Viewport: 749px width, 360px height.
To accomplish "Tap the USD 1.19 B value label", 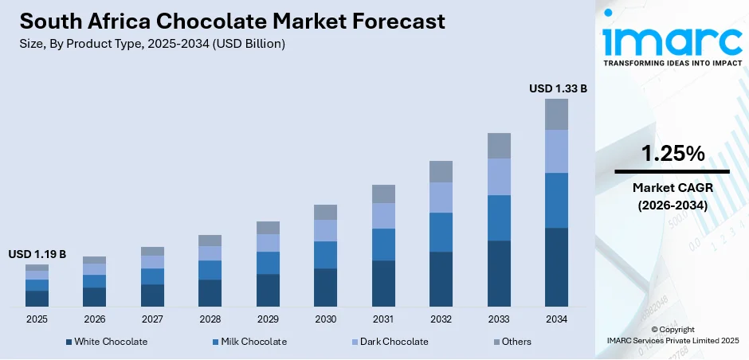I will (x=37, y=254).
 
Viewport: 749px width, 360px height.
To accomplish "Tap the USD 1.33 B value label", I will (x=558, y=88).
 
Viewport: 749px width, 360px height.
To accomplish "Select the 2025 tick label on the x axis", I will (x=37, y=319).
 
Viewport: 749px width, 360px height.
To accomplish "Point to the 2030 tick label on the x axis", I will (x=325, y=319).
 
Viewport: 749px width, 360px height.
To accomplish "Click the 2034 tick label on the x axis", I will (x=556, y=319).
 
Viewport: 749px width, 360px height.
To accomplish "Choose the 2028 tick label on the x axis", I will (x=210, y=319).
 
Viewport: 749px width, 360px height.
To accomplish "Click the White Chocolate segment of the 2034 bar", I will (x=556, y=267).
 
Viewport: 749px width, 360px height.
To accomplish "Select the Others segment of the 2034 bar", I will (x=556, y=114).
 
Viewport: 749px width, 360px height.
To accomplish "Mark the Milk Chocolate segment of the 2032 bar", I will (x=441, y=232).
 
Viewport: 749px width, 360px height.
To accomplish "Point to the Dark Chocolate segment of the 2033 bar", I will (x=499, y=177).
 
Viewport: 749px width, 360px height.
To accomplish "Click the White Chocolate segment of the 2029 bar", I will (x=268, y=290).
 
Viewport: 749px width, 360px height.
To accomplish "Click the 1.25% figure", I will (x=673, y=154).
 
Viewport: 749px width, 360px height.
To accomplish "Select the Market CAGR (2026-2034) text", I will (x=673, y=196).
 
